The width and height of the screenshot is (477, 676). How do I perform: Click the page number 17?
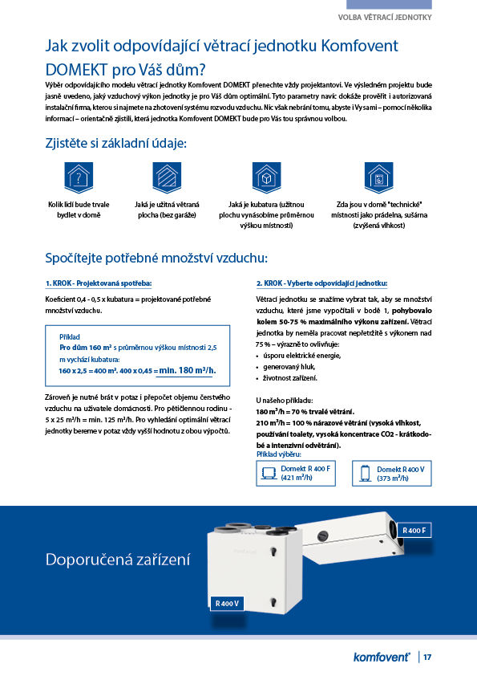(428, 657)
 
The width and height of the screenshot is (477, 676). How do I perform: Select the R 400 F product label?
(414, 530)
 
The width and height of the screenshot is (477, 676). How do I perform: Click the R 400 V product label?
(228, 603)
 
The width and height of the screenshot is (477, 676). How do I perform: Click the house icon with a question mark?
(77, 175)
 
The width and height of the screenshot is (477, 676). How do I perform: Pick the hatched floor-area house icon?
(167, 175)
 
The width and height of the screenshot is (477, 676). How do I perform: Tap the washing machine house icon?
(378, 175)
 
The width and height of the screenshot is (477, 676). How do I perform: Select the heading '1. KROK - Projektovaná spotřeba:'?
(99, 283)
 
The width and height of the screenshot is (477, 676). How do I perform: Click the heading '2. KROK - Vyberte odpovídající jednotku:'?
(321, 283)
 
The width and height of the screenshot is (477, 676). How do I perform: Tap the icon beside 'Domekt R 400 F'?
(269, 473)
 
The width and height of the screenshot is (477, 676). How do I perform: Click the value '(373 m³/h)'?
(395, 477)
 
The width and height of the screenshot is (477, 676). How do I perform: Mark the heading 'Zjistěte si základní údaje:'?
(116, 144)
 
